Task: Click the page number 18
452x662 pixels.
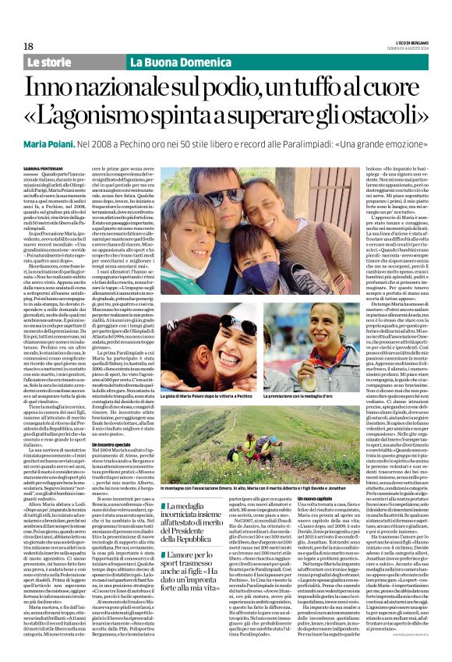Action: point(29,46)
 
